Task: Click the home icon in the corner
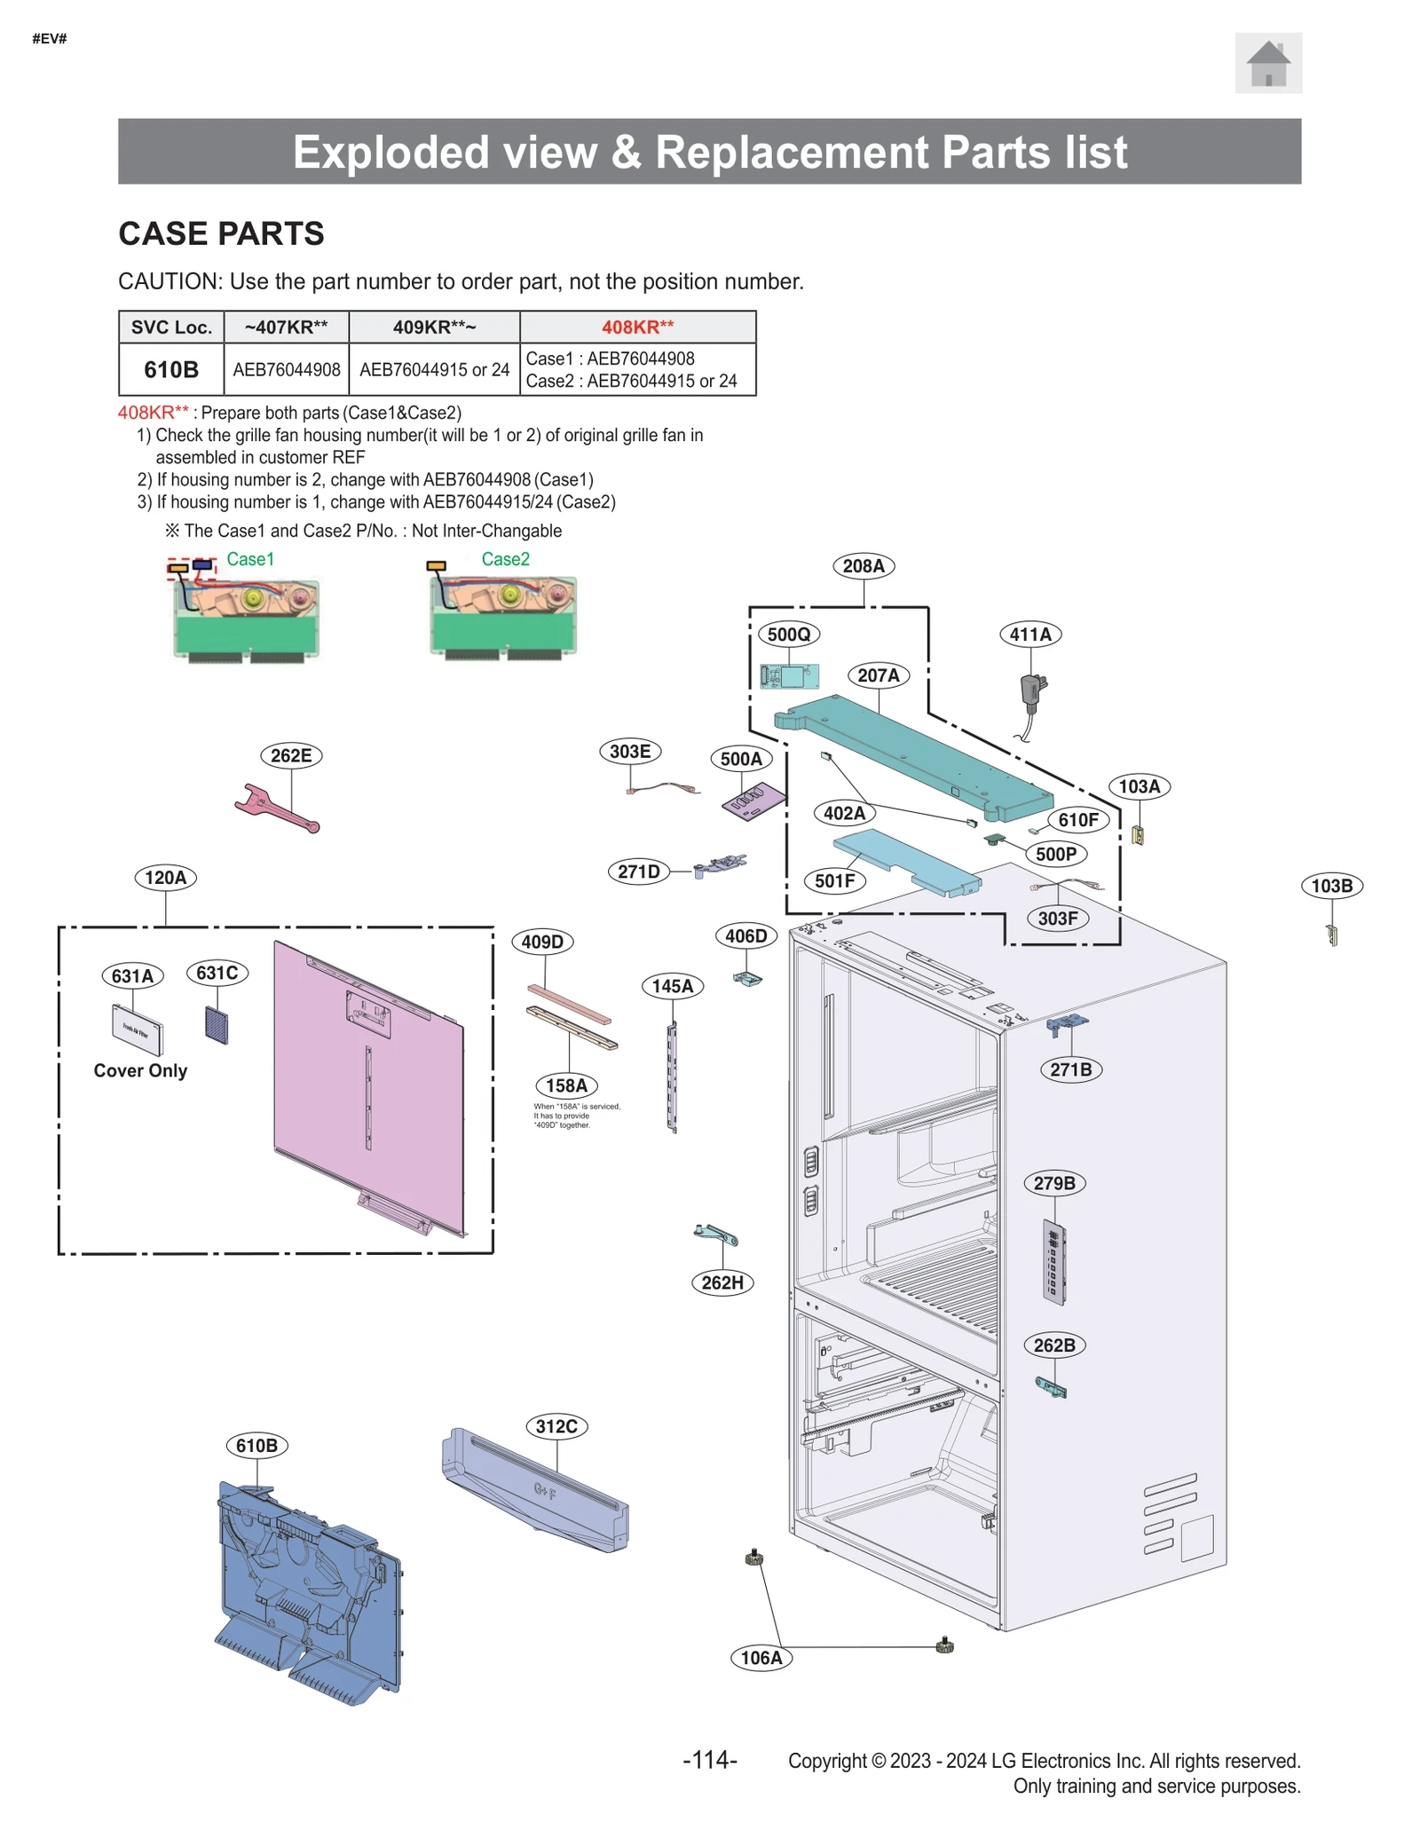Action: (1267, 63)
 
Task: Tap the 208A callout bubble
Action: (863, 566)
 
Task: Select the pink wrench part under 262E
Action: (276, 809)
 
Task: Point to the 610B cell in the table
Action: (171, 369)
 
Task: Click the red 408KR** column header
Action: (637, 327)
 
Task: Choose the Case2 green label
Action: (505, 559)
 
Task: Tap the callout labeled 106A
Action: (761, 1657)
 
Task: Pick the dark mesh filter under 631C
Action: (217, 1024)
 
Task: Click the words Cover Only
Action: (140, 1070)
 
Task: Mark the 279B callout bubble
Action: (1053, 1183)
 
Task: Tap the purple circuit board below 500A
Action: (753, 801)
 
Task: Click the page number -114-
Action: (709, 1759)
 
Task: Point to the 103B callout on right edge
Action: (1331, 886)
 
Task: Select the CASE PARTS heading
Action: (221, 233)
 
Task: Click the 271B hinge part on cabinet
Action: (1068, 1024)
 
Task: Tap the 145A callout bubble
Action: (672, 986)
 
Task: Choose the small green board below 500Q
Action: (789, 676)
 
